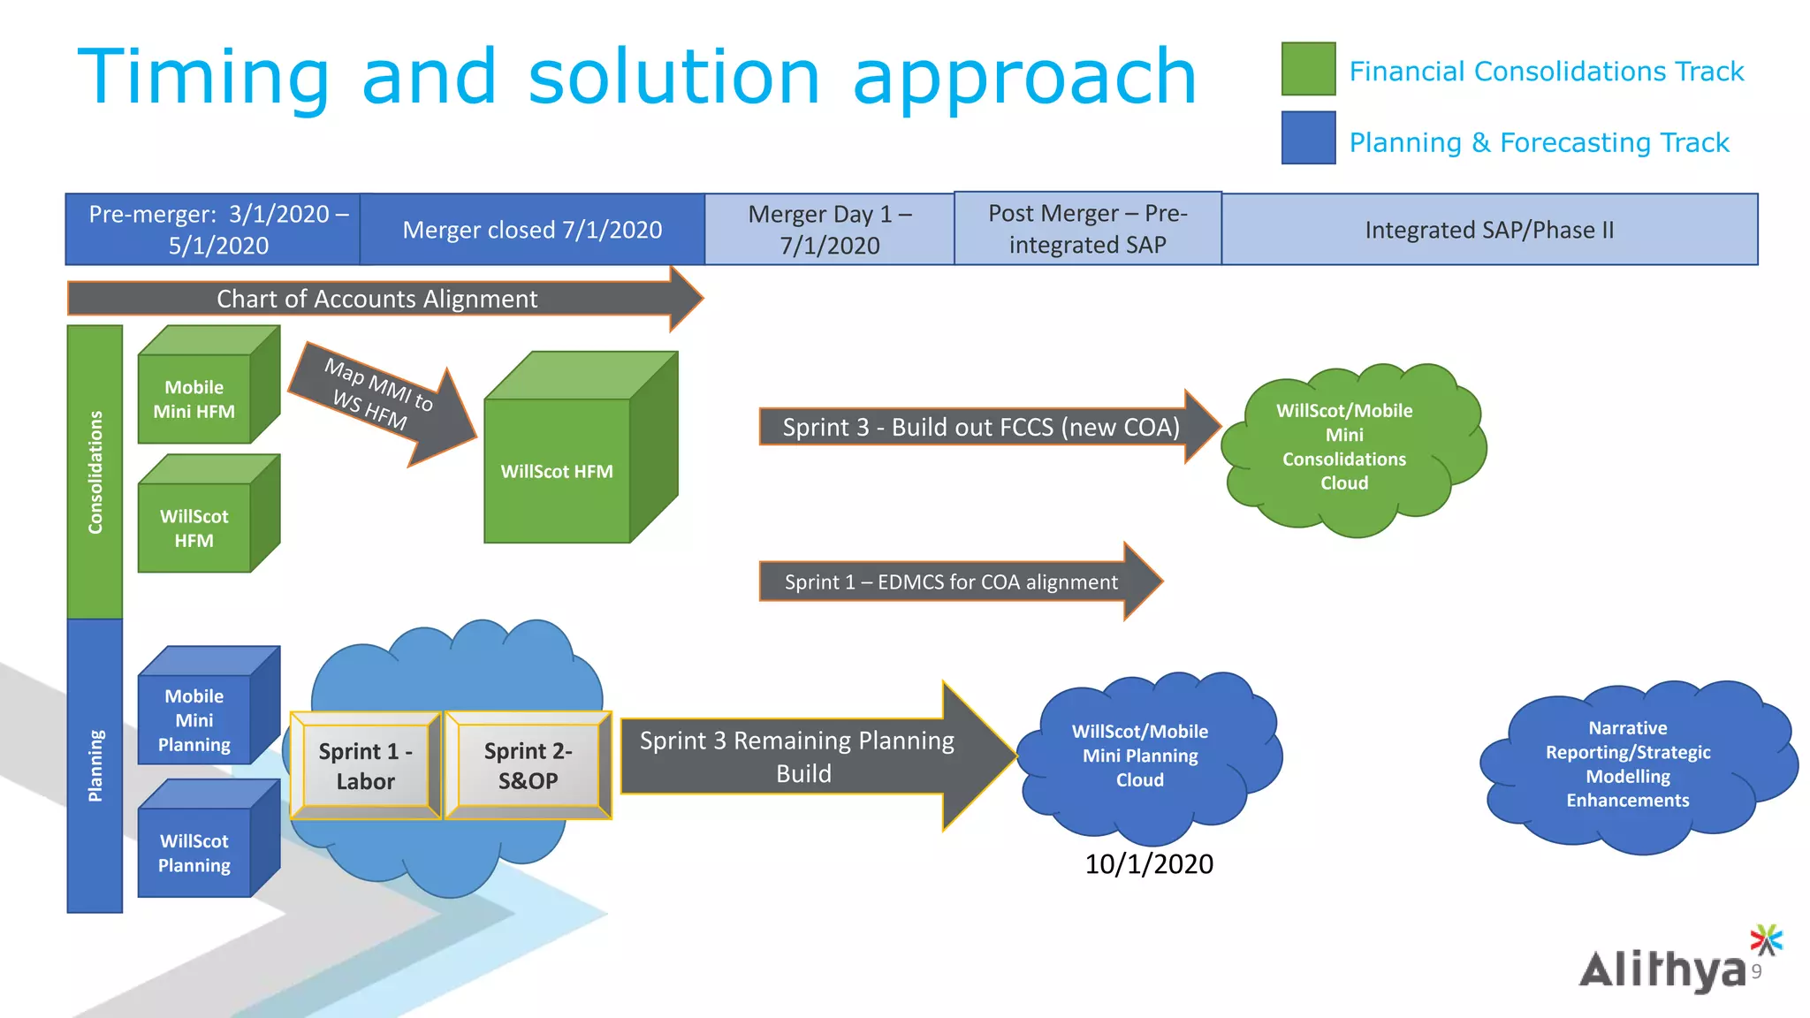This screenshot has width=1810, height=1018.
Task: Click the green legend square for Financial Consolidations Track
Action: click(x=1308, y=69)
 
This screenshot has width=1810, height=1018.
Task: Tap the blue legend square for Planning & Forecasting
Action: click(x=1308, y=138)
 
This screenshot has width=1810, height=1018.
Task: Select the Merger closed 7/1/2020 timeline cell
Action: click(x=532, y=230)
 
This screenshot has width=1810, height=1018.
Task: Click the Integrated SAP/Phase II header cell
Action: click(x=1489, y=230)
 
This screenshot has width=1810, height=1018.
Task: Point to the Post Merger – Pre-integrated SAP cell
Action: click(x=1087, y=229)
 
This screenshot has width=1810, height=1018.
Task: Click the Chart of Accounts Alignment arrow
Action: click(x=377, y=299)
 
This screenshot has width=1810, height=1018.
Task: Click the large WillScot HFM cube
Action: click(x=558, y=470)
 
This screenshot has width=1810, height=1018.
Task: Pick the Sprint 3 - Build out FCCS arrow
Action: click(x=981, y=427)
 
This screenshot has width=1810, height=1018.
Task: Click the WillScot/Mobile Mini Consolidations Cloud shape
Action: click(x=1344, y=447)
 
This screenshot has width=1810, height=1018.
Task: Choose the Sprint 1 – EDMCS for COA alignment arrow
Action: click(x=951, y=581)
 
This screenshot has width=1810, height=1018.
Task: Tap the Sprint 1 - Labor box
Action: click(x=365, y=766)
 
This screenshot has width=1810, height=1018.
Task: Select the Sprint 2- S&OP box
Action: click(x=528, y=765)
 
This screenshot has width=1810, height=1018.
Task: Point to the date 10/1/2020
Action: click(x=1148, y=863)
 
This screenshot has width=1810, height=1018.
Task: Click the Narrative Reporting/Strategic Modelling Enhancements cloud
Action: click(x=1628, y=764)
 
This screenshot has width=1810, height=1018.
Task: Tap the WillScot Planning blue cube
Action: click(x=195, y=853)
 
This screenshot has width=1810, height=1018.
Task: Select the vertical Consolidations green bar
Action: click(x=95, y=472)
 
